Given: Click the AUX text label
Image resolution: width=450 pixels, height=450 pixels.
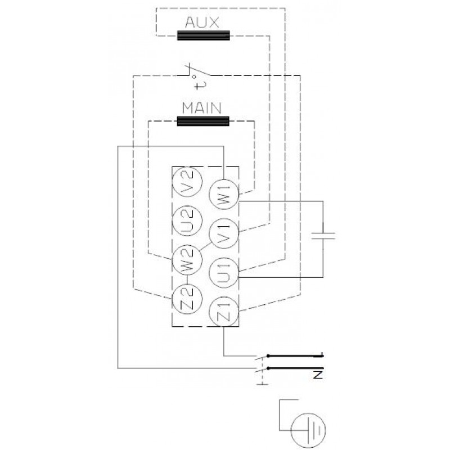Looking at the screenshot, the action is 202,22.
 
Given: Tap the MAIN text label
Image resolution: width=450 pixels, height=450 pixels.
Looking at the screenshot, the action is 202,108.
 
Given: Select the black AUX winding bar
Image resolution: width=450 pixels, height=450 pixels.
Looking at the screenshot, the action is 204,35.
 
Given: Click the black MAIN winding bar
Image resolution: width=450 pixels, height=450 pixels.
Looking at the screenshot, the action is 203,121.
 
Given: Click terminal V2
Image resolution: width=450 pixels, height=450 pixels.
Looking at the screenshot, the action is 187,181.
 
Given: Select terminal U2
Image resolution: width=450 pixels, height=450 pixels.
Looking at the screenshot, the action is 187,220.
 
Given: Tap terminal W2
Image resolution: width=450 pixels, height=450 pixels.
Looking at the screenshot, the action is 187,260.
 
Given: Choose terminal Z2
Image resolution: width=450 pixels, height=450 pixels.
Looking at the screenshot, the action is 187,299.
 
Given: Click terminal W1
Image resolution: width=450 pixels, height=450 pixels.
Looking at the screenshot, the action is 223,194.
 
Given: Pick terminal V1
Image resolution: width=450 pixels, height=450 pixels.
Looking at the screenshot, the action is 223,233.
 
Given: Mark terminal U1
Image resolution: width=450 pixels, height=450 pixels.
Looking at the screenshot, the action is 223,273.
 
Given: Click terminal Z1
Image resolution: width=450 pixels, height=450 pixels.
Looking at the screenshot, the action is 223,312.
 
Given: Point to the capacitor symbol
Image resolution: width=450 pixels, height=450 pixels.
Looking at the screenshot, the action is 323,236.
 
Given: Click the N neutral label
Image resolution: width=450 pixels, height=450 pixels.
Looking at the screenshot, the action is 318,375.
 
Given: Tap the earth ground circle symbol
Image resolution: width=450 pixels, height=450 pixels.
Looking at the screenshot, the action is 308,430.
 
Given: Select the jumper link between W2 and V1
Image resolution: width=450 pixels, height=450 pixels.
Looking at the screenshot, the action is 206,246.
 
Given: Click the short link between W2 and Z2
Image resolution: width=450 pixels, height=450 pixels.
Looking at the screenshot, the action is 187,280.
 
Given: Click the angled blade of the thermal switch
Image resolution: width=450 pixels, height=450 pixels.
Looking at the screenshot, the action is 199,71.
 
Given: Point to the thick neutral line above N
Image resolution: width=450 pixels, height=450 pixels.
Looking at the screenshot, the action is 295,368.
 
